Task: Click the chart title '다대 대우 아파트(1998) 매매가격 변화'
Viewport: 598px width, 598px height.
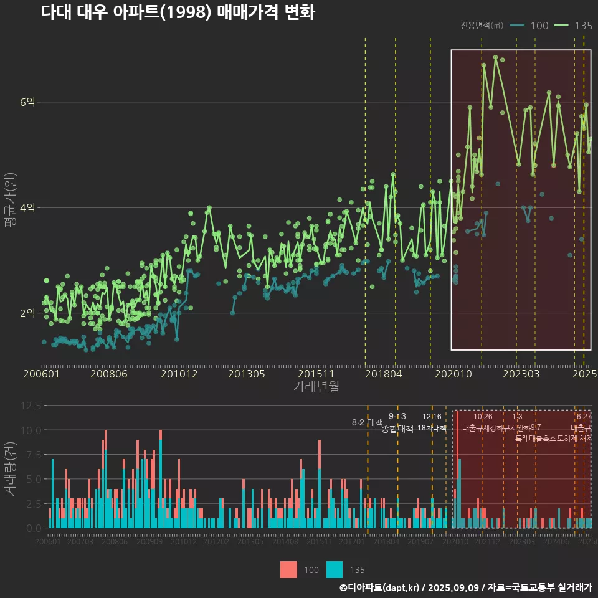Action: coord(178,12)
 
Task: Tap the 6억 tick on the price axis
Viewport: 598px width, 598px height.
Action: coord(28,102)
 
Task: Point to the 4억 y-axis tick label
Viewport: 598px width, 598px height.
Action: coord(28,207)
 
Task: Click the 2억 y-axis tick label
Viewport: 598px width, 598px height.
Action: coord(28,313)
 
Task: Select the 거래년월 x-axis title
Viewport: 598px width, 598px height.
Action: coord(316,386)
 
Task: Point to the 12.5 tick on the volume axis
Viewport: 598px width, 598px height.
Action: coord(31,405)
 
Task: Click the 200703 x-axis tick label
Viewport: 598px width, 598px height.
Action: coord(80,542)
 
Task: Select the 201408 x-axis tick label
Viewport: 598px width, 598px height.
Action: coord(285,542)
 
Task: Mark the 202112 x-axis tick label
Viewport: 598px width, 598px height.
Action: coord(486,542)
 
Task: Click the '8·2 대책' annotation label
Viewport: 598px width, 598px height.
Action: coord(367,422)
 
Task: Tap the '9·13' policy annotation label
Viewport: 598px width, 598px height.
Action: coord(397,416)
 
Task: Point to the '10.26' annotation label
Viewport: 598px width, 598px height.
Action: coord(483,416)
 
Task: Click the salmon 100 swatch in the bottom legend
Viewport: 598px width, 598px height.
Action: coord(289,569)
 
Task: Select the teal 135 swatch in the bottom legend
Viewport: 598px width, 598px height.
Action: coord(335,569)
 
